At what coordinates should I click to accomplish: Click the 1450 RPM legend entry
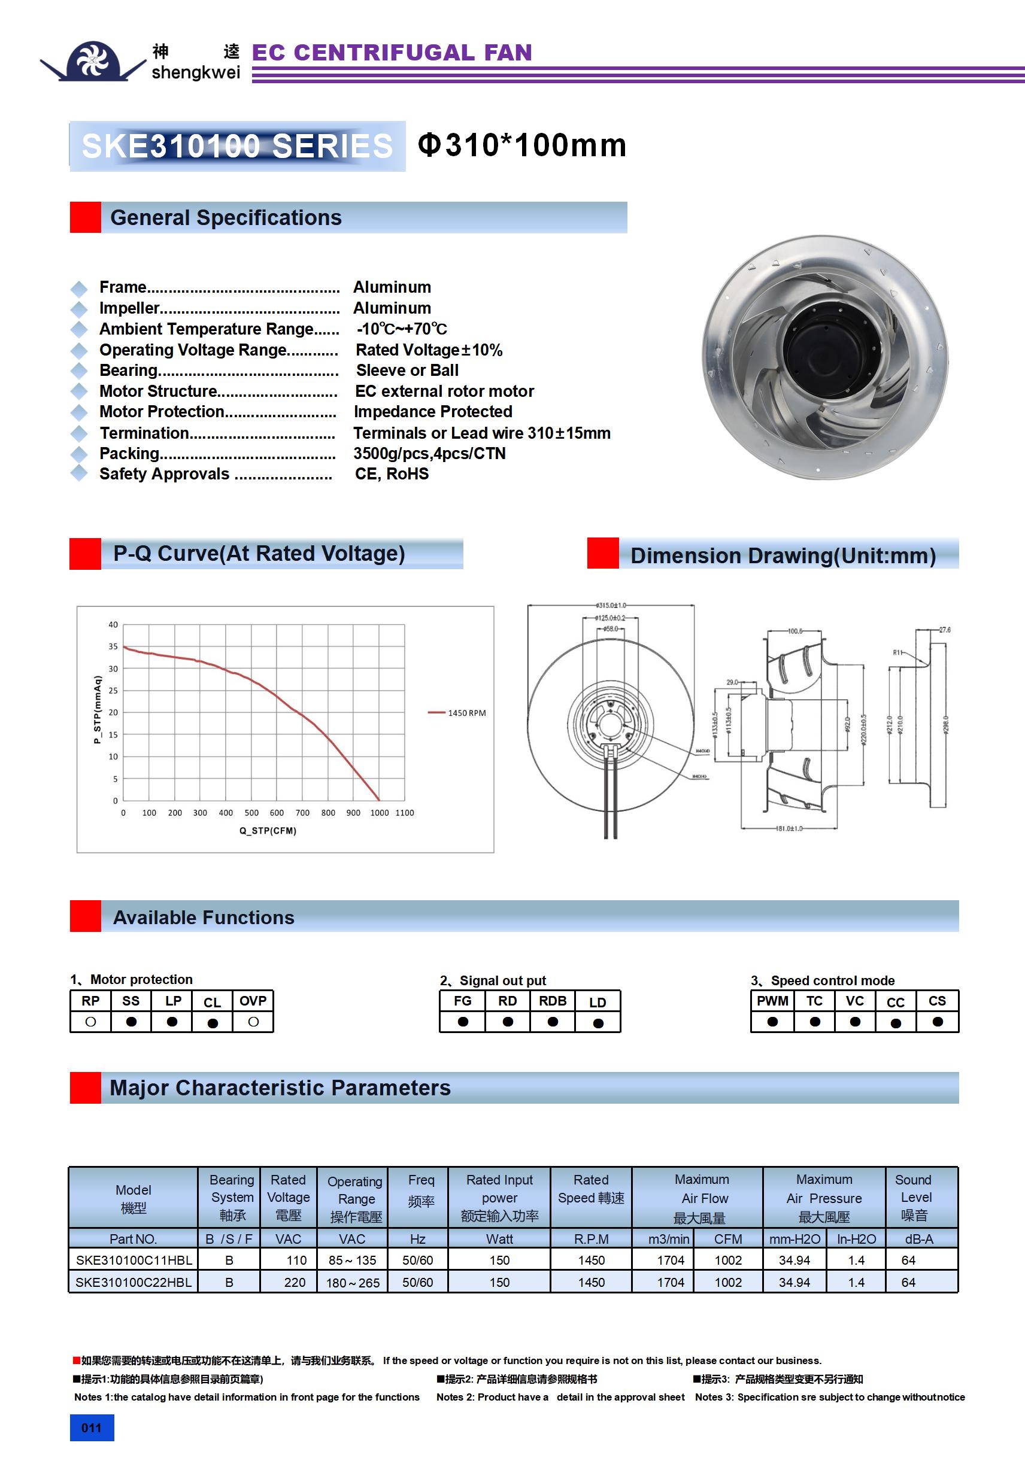coord(466,713)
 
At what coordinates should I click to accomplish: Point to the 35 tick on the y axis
coord(113,646)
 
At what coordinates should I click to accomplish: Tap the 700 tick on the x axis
coord(302,813)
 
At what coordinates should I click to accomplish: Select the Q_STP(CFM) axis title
coord(268,831)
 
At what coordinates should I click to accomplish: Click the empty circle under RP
coord(90,1022)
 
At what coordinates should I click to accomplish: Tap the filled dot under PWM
coord(772,1022)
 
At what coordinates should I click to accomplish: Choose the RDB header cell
coord(552,1001)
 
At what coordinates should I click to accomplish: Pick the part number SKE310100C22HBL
coord(134,1283)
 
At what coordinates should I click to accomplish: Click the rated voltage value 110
coord(296,1260)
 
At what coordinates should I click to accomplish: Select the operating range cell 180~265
coord(353,1283)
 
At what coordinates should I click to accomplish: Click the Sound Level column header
coord(915,1197)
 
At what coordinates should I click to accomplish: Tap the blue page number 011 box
coord(92,1428)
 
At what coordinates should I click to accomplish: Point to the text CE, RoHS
coord(392,474)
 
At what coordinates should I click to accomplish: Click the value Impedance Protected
coord(433,412)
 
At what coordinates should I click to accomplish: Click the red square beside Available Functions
coord(86,916)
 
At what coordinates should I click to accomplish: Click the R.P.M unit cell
coord(590,1239)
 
